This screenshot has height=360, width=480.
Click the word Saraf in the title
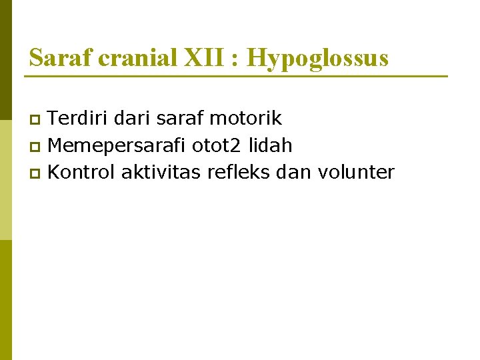(61, 58)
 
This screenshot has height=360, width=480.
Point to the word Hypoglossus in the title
(317, 59)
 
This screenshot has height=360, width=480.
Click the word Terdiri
(79, 119)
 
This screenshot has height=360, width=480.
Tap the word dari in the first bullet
(134, 119)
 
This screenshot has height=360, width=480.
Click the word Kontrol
(82, 172)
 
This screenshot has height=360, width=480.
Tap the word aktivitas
(161, 172)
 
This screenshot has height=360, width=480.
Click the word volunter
(357, 172)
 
